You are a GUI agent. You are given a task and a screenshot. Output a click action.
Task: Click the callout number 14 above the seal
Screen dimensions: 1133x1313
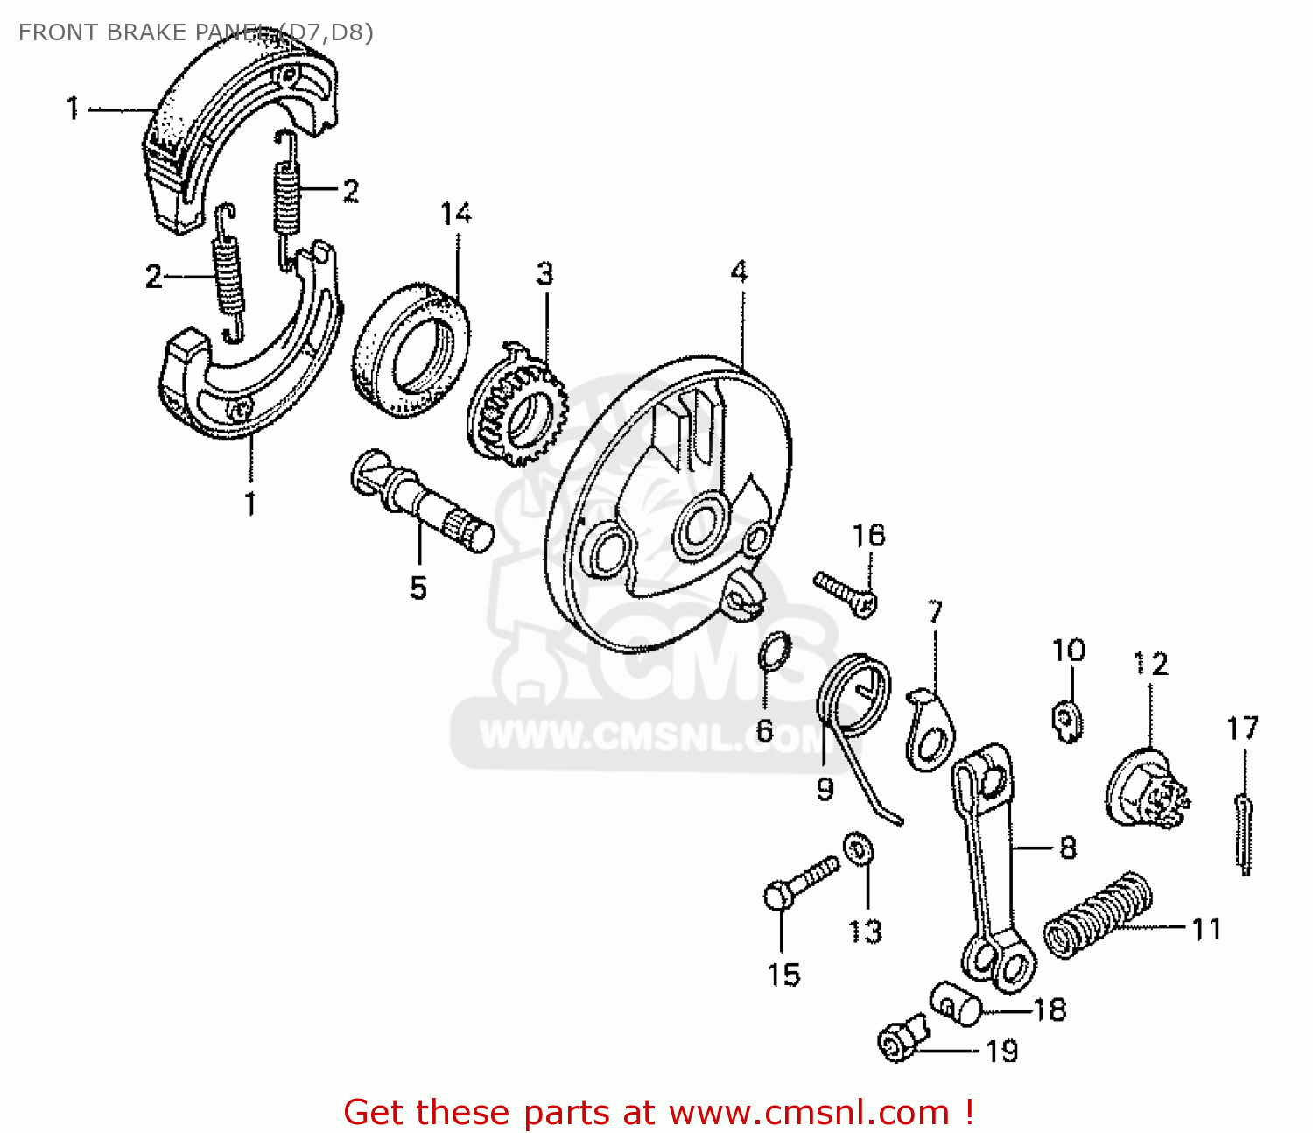[456, 214]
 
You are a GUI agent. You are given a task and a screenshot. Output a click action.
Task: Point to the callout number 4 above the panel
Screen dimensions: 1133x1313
[740, 272]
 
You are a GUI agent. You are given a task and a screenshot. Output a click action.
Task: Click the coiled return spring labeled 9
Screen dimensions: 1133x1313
[854, 696]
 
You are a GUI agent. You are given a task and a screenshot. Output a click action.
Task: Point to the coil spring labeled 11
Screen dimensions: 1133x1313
[1099, 916]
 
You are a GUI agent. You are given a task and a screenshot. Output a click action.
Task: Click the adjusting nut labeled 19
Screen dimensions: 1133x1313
[901, 1039]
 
